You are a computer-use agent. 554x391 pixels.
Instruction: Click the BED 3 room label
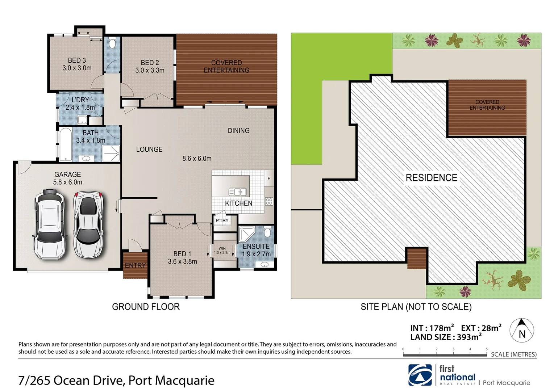pyautogui.click(x=77, y=60)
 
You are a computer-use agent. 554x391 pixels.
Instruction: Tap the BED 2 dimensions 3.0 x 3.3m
pyautogui.click(x=150, y=70)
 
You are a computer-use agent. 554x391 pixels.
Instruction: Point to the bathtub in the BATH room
pyautogui.click(x=66, y=144)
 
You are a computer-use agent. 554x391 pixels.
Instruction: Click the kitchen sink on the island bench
pyautogui.click(x=237, y=192)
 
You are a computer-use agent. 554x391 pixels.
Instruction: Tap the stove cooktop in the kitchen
pyautogui.click(x=269, y=201)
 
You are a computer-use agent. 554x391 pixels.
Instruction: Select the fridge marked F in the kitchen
pyautogui.click(x=269, y=178)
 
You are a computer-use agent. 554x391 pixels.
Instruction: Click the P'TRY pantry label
pyautogui.click(x=222, y=220)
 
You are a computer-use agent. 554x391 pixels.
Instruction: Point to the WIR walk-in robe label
pyautogui.click(x=222, y=248)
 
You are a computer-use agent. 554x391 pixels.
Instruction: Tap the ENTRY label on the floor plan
pyautogui.click(x=135, y=265)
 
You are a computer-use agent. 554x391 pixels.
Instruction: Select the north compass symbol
pyautogui.click(x=522, y=330)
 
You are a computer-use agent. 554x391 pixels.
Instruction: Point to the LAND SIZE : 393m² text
pyautogui.click(x=446, y=337)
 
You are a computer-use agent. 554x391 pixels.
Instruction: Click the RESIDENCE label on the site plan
pyautogui.click(x=431, y=178)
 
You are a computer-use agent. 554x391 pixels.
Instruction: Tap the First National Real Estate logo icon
pyautogui.click(x=420, y=375)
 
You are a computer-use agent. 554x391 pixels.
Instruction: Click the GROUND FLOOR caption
pyautogui.click(x=146, y=307)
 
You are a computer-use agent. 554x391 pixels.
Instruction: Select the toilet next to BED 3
pyautogui.click(x=112, y=43)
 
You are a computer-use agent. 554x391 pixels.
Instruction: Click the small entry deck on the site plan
pyautogui.click(x=416, y=258)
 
